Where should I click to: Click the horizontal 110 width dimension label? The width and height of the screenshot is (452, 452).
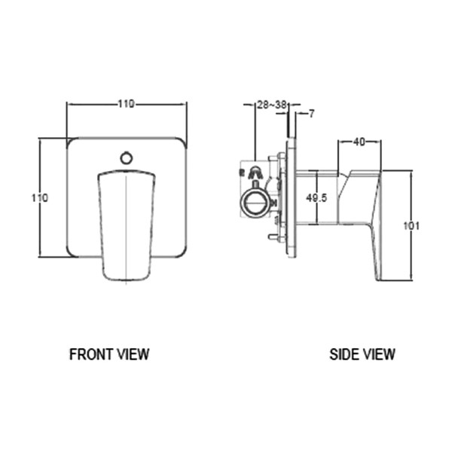pos(127,104)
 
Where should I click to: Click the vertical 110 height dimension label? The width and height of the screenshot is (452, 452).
pos(39,198)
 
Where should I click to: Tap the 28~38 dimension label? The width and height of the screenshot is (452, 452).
pos(272,105)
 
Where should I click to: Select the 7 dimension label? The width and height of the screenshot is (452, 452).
pos(311,114)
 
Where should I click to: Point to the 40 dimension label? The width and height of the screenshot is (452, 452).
pos(359,142)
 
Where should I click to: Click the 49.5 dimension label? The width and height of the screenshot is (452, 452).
pos(316,198)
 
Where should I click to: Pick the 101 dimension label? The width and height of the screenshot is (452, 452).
pos(411,226)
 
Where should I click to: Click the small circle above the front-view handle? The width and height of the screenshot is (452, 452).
pos(127,158)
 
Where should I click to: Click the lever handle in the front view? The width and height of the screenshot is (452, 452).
pos(126,224)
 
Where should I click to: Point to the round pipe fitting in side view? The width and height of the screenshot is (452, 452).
pos(255,203)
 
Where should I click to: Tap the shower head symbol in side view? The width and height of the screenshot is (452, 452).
pos(255,172)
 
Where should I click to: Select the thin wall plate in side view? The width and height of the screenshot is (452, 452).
pos(291,197)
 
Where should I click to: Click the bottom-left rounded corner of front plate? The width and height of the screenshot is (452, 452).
pos(72,252)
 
